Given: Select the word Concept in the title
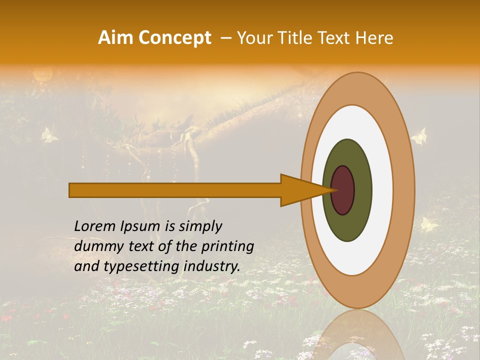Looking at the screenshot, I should [174, 37].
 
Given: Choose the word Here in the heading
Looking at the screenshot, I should [375, 37].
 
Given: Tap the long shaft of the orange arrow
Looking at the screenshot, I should [175, 190].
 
